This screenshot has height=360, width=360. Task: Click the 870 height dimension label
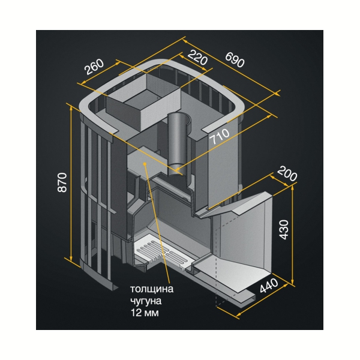pos(62,182)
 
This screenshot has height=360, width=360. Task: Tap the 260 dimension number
pos(94,67)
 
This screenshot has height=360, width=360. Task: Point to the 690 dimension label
pos(235,59)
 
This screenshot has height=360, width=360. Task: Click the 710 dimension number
pos(220,136)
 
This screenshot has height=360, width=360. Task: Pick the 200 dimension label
pos(287,173)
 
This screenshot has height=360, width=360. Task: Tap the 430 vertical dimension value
pos(284,230)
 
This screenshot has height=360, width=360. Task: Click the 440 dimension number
pos(269,286)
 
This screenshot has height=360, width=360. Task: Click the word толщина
pos(152,289)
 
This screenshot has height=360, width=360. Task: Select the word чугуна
pos(146,301)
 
